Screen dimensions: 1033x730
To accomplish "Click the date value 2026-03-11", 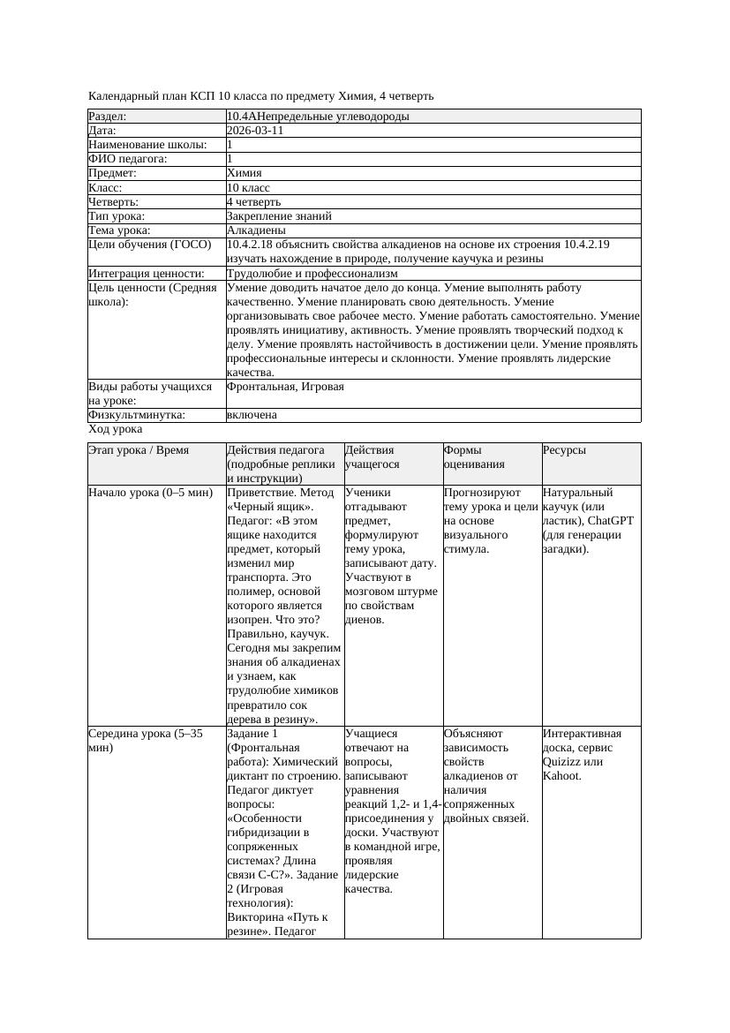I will [x=255, y=131].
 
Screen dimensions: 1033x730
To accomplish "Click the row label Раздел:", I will [x=108, y=117].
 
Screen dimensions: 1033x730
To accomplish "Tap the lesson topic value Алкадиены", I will [x=256, y=230].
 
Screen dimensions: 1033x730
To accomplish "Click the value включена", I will [x=252, y=415].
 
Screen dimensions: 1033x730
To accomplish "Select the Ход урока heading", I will [x=116, y=429].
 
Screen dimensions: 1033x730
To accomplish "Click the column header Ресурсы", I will [x=564, y=450].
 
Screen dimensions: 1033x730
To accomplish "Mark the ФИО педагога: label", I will [x=128, y=159].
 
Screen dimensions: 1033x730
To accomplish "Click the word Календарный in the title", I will [x=122, y=95].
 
